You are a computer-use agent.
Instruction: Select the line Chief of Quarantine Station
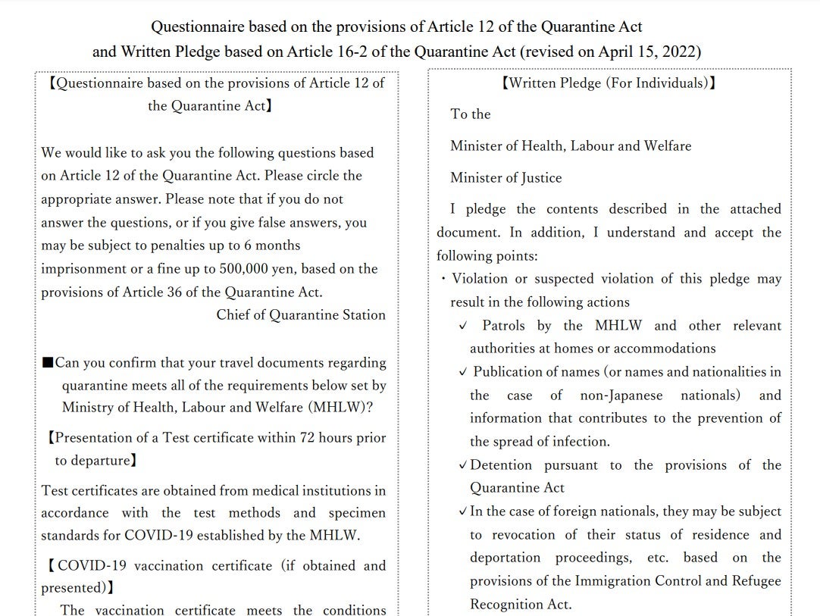(x=301, y=315)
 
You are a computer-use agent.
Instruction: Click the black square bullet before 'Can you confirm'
(x=49, y=363)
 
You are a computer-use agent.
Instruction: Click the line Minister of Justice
(x=506, y=178)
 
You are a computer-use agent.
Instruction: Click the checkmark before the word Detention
(x=463, y=465)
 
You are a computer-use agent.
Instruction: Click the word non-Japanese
(x=621, y=396)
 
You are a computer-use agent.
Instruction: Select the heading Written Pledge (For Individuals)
(x=609, y=83)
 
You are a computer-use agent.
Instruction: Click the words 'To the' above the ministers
(x=471, y=114)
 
